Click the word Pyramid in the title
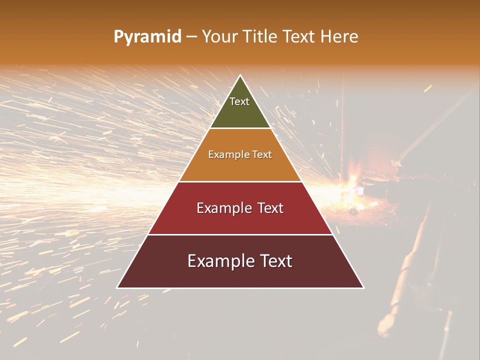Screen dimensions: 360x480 click(x=147, y=37)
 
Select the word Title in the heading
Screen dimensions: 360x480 click(x=261, y=37)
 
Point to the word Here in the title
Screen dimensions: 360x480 click(x=339, y=37)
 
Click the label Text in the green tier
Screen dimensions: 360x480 click(x=239, y=101)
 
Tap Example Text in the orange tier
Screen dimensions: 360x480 click(x=240, y=154)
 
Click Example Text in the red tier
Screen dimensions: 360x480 click(x=240, y=208)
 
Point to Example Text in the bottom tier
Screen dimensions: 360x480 click(x=240, y=261)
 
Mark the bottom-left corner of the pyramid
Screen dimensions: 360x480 click(x=117, y=287)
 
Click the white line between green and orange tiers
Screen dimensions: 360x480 click(x=240, y=128)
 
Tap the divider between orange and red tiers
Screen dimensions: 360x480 click(x=240, y=181)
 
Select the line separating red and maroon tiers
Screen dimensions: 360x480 click(x=240, y=234)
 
